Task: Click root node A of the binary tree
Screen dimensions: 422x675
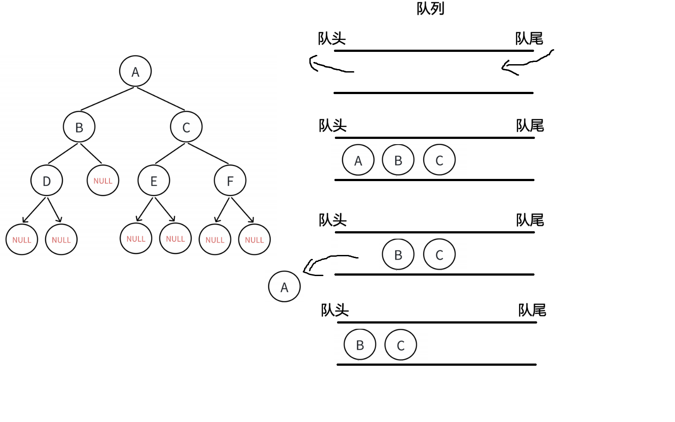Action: pos(135,71)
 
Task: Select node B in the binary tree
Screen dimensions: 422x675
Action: pos(79,127)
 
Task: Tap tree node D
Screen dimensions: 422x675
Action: pos(47,181)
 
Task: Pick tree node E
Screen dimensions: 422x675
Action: pos(154,181)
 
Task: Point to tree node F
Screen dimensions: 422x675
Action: pos(230,181)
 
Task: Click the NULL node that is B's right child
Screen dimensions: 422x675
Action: pos(103,181)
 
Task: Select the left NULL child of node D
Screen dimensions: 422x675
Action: pos(22,240)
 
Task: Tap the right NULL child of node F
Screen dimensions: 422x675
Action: pos(254,240)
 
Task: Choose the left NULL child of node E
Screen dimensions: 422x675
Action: pos(136,239)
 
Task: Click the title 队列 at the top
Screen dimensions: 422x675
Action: pos(430,8)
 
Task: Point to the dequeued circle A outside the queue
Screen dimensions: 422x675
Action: pos(284,287)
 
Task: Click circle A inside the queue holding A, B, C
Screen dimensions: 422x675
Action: pos(358,160)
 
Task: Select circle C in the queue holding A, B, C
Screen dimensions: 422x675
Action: pos(439,160)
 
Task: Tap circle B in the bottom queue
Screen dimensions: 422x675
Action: pos(360,345)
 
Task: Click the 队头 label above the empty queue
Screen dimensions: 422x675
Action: pos(332,39)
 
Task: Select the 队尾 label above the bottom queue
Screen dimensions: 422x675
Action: pos(532,310)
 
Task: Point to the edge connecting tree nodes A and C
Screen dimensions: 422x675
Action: pos(160,98)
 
